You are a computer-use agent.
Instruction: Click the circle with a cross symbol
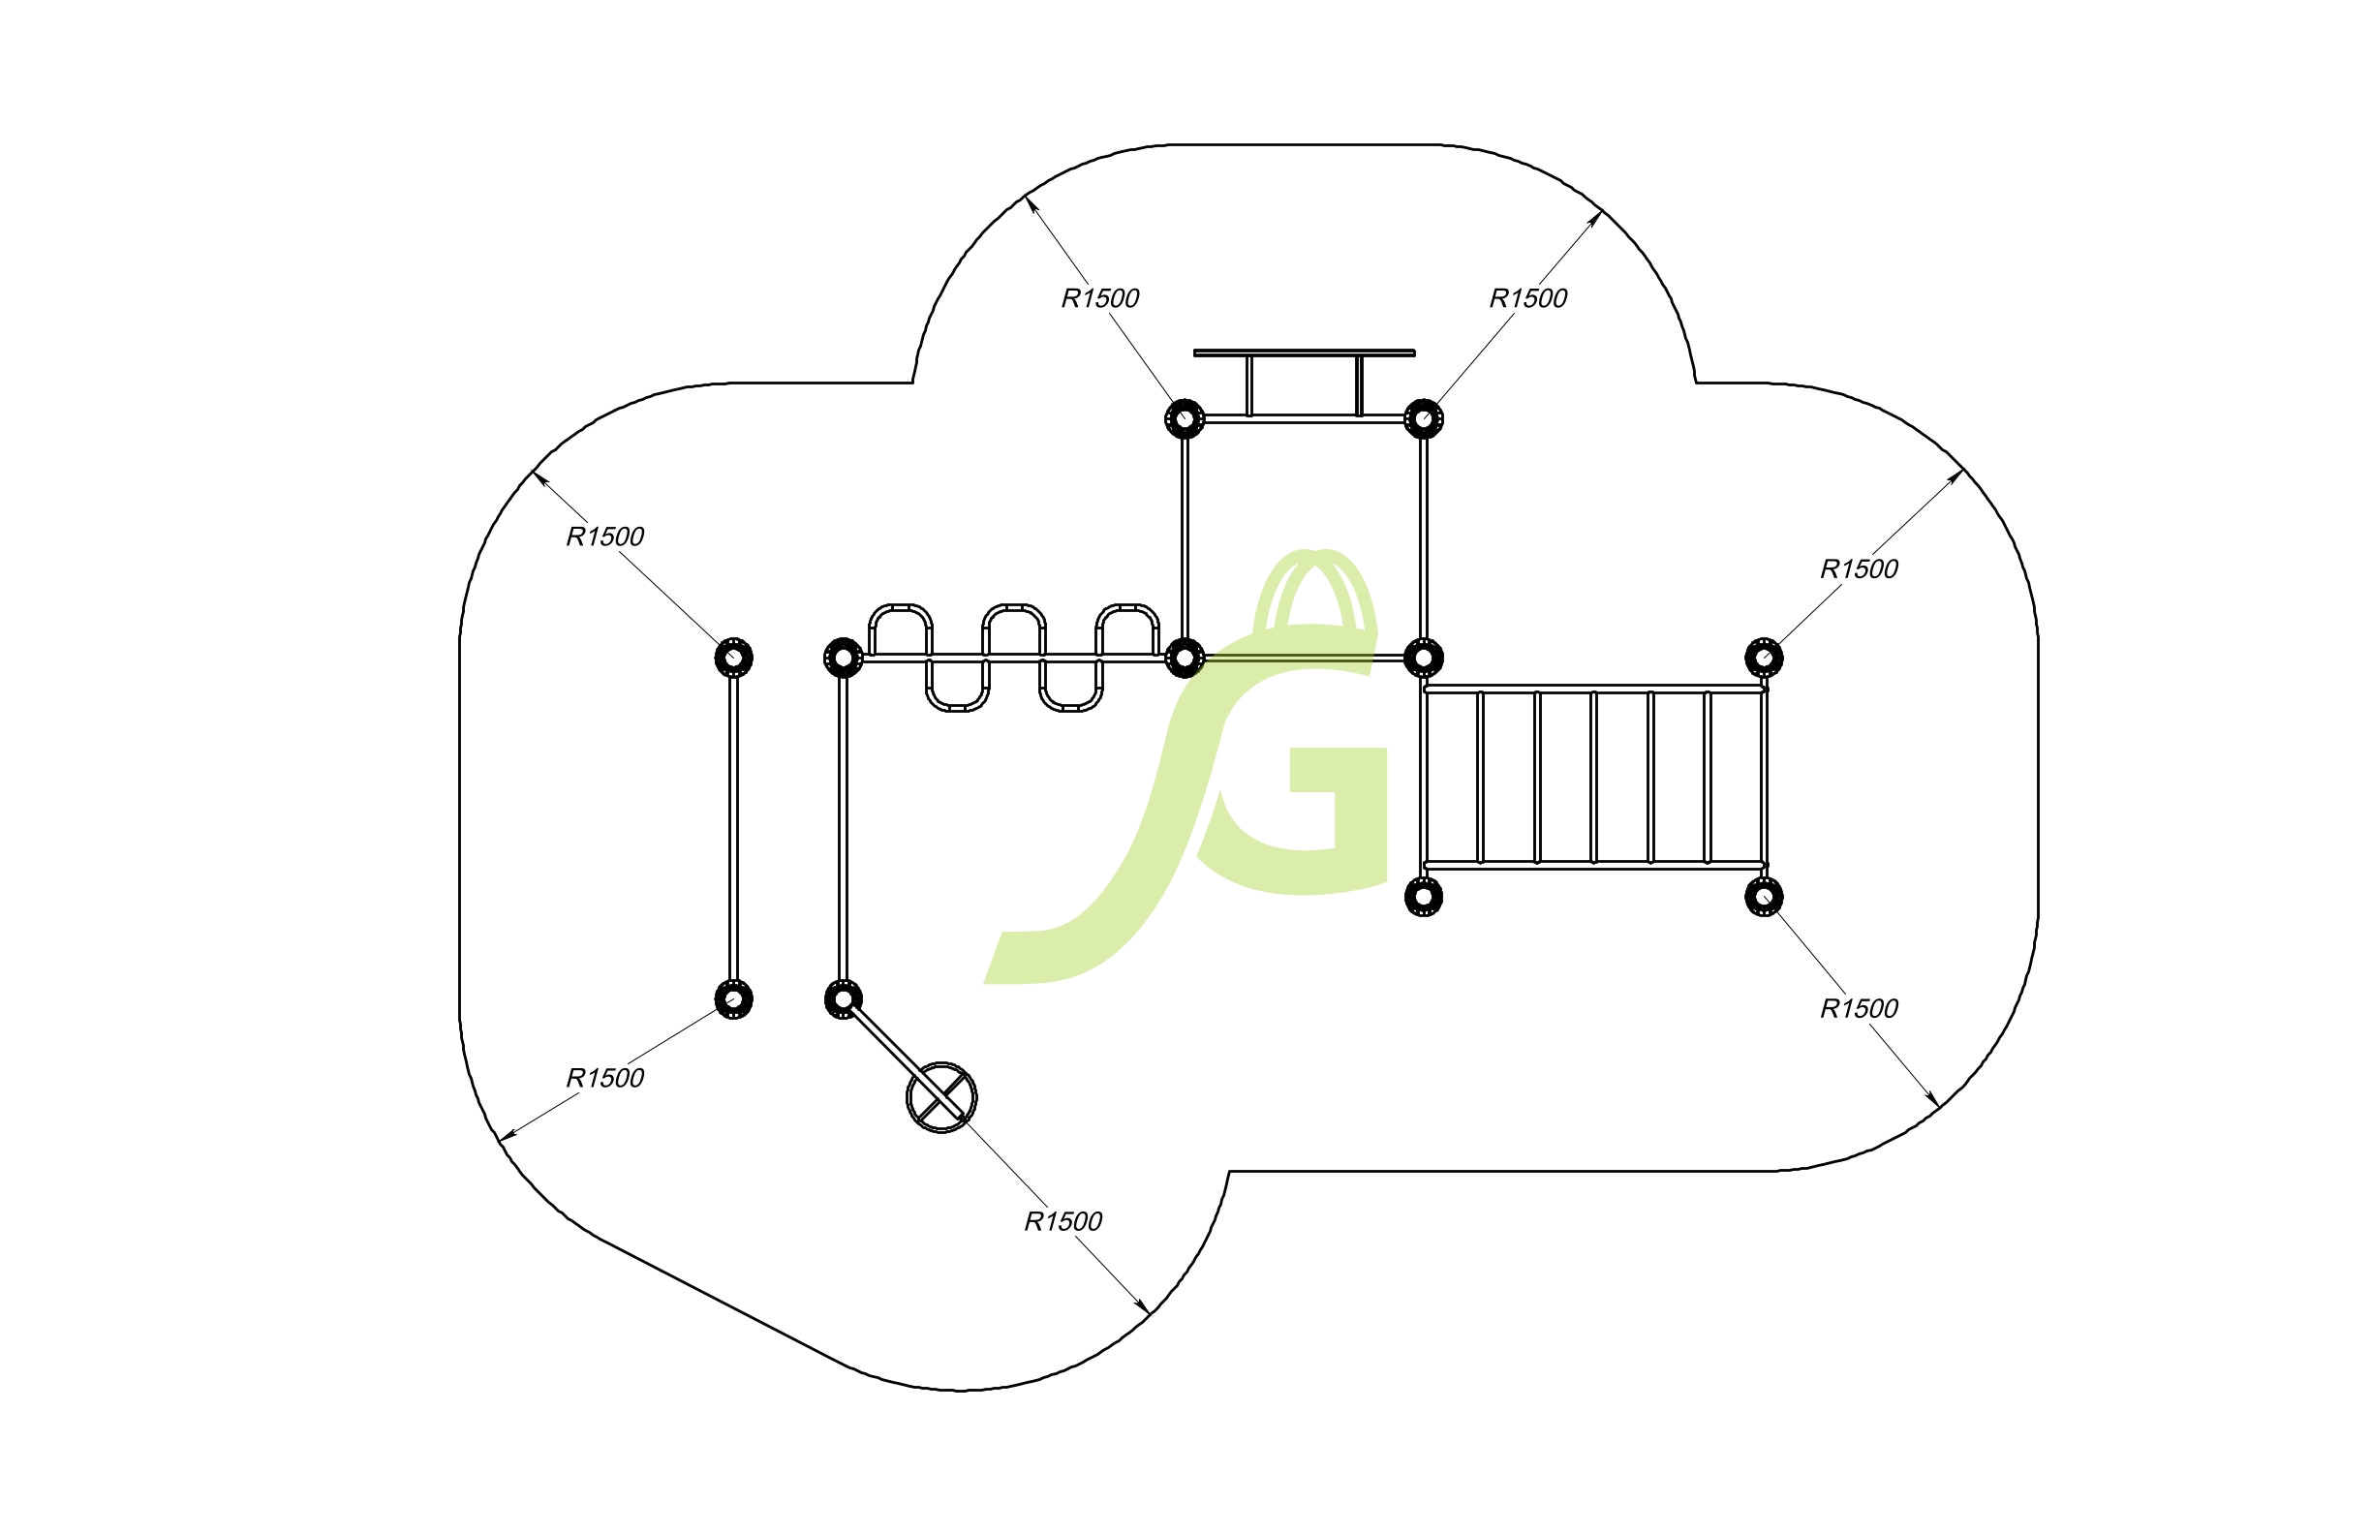coord(941,1097)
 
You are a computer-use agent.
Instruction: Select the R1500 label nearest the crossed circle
coord(1062,1221)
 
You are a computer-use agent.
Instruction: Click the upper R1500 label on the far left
coord(604,537)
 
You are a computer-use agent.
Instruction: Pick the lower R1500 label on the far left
coord(604,1078)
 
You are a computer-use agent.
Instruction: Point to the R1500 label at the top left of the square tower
coord(1100,299)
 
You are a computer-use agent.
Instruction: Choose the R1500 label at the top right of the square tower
coord(1528,299)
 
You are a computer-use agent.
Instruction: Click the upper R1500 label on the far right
coord(1859,569)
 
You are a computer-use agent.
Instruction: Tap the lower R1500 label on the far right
coord(1859,1009)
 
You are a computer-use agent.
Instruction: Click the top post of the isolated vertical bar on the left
coord(734,658)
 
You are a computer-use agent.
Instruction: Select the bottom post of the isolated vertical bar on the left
coord(734,999)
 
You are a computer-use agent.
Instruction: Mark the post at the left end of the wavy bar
coord(844,658)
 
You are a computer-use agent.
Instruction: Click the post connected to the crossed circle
coord(844,999)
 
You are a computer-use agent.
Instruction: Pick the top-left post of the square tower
coord(1185,418)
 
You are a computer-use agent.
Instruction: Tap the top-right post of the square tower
coord(1424,418)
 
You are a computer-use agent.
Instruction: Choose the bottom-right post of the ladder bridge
coord(1765,897)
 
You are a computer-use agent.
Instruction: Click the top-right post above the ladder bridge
coord(1765,658)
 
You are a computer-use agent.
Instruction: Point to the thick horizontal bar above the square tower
coord(1304,353)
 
